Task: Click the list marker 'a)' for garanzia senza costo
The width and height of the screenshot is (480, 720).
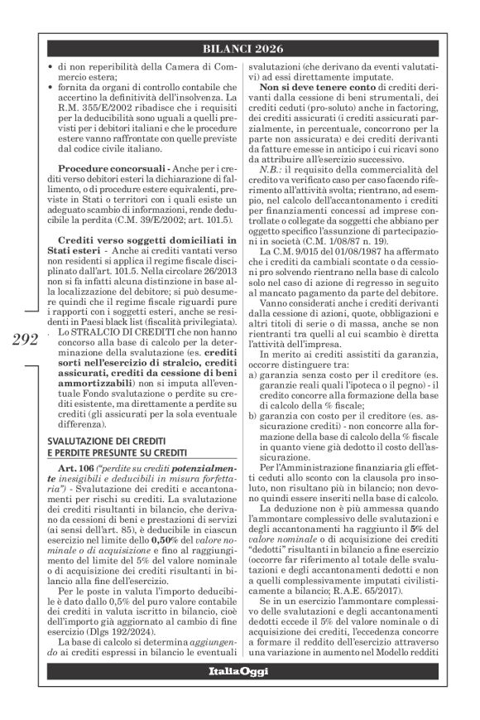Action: pos(254,399)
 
